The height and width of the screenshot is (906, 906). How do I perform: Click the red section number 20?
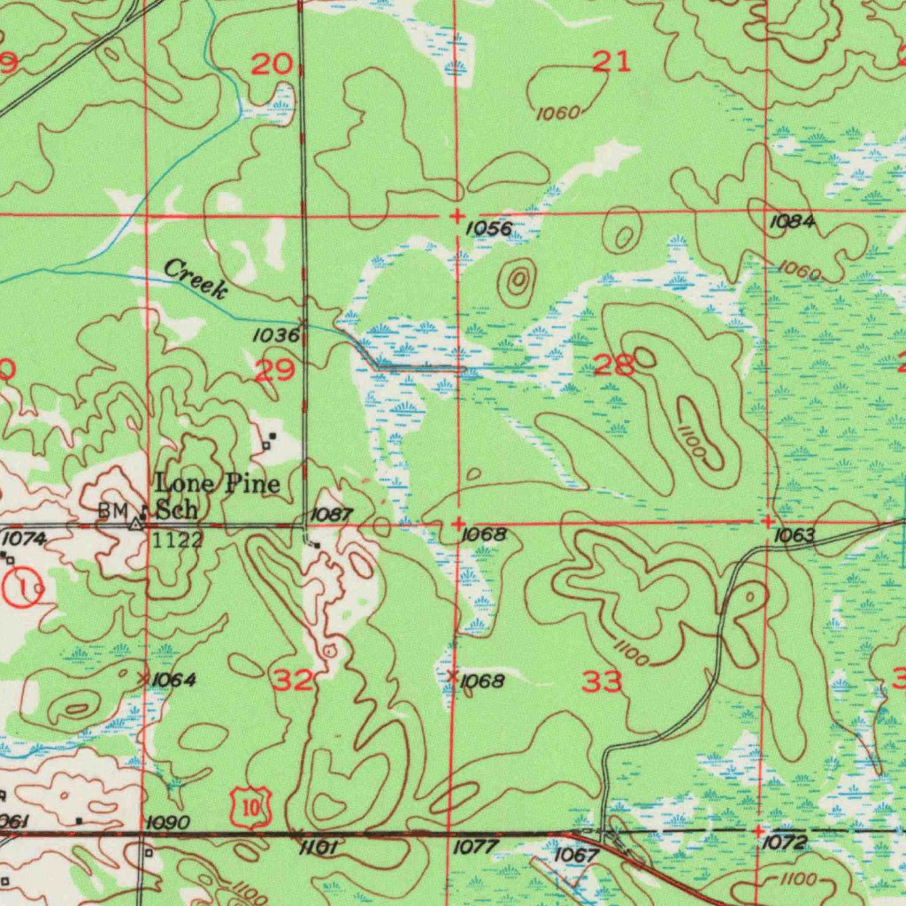click(271, 65)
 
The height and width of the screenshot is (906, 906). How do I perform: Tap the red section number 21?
click(611, 61)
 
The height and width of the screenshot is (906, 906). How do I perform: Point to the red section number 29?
click(274, 370)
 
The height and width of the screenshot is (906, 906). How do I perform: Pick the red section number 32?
click(292, 680)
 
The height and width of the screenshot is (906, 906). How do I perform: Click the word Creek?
click(196, 278)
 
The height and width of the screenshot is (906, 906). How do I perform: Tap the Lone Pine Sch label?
click(217, 495)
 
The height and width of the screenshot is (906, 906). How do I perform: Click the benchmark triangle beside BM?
click(134, 524)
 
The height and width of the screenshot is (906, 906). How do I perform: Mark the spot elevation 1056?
click(488, 229)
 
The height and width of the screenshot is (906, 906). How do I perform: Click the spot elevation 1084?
click(791, 222)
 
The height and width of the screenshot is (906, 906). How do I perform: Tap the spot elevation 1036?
click(275, 335)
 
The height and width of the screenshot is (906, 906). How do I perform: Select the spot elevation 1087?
click(334, 514)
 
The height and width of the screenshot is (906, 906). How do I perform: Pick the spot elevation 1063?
click(793, 536)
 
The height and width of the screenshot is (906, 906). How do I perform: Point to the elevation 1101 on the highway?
click(319, 848)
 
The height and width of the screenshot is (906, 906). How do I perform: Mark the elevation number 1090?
click(168, 824)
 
